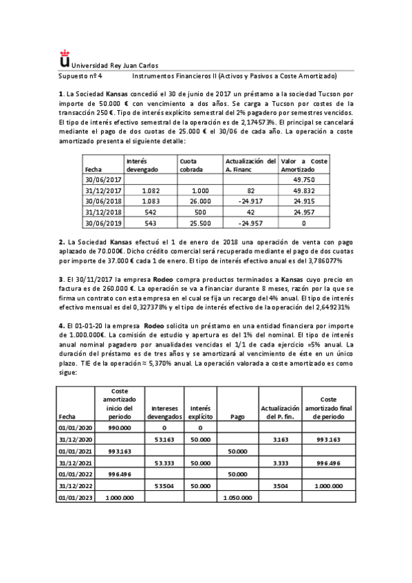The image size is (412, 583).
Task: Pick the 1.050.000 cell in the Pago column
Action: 237,496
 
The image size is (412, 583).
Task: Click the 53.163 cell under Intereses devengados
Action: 164,439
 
